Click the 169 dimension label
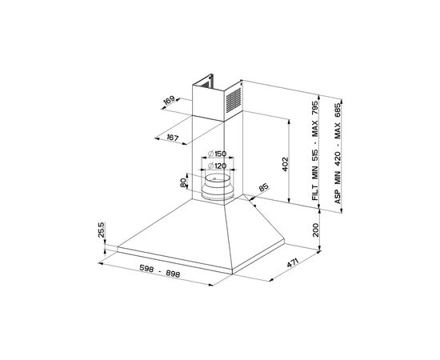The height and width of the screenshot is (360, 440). click(170, 100)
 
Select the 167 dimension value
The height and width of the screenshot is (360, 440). click(173, 138)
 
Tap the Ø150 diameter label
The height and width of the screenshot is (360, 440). click(217, 154)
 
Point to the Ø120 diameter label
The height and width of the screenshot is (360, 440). click(217, 166)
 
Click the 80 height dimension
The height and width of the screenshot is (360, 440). click(183, 183)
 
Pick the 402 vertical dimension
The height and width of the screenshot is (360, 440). click(285, 164)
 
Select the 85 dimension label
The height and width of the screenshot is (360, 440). click(263, 187)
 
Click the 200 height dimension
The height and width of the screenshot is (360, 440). click(316, 230)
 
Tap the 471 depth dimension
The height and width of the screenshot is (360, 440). click(293, 262)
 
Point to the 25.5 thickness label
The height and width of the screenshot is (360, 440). click(102, 230)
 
